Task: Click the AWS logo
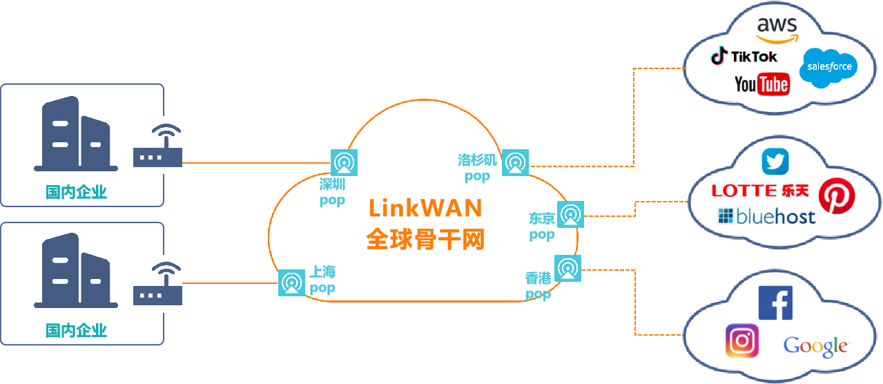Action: coord(777,28)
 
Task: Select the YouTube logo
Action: coord(762,84)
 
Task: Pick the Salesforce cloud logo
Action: coord(827,68)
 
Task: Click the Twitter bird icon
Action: coord(775,162)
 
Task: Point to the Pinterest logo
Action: coord(836,196)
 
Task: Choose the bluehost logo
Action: coord(766,216)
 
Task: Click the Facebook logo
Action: coord(775,303)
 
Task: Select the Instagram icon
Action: coord(742,340)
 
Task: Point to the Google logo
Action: coord(815,345)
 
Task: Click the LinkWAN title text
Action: coord(425,208)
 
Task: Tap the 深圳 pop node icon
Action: coord(344,162)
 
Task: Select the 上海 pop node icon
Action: coord(291,283)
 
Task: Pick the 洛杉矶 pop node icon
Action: coord(514,162)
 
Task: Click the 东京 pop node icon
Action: coord(570,215)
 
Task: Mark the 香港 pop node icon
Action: coord(567,268)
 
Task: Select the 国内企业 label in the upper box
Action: coord(76,192)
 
